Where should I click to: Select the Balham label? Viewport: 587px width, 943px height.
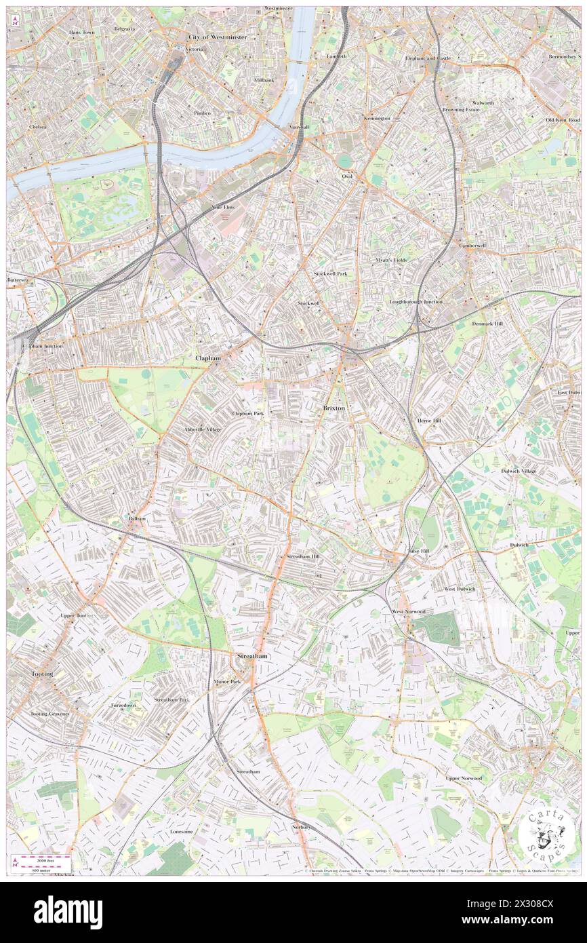[x=138, y=518]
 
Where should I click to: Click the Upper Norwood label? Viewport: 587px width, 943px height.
[x=464, y=778]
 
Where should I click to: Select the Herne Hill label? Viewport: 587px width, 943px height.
[x=428, y=421]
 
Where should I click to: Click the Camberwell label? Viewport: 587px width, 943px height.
[x=472, y=245]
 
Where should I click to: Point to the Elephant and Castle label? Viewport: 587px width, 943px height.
[x=428, y=58]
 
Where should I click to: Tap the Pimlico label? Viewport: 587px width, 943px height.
[x=202, y=113]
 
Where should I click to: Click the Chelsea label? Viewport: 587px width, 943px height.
[x=38, y=127]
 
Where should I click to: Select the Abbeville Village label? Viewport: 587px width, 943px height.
[x=202, y=429]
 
